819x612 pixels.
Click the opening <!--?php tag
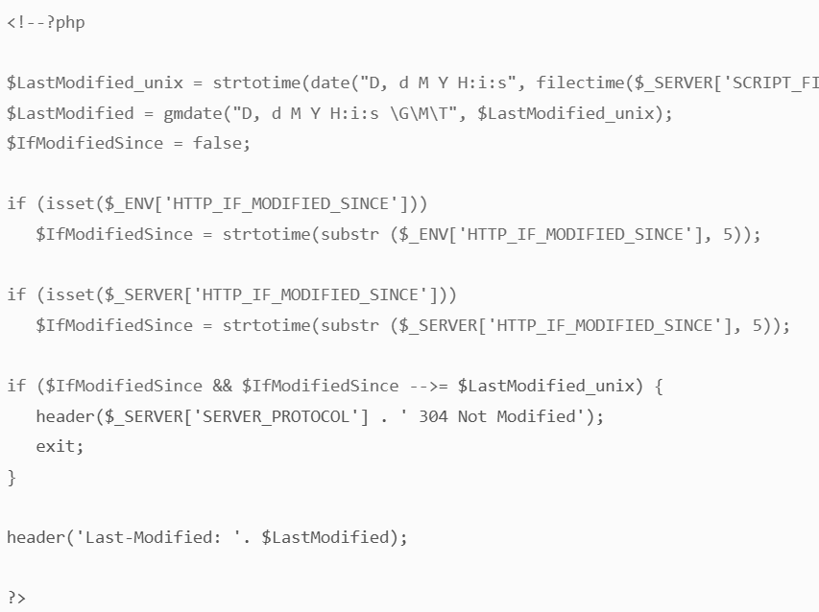pyautogui.click(x=45, y=22)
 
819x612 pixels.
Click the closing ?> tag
pyautogui.click(x=16, y=598)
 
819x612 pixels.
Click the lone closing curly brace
pyautogui.click(x=12, y=476)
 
